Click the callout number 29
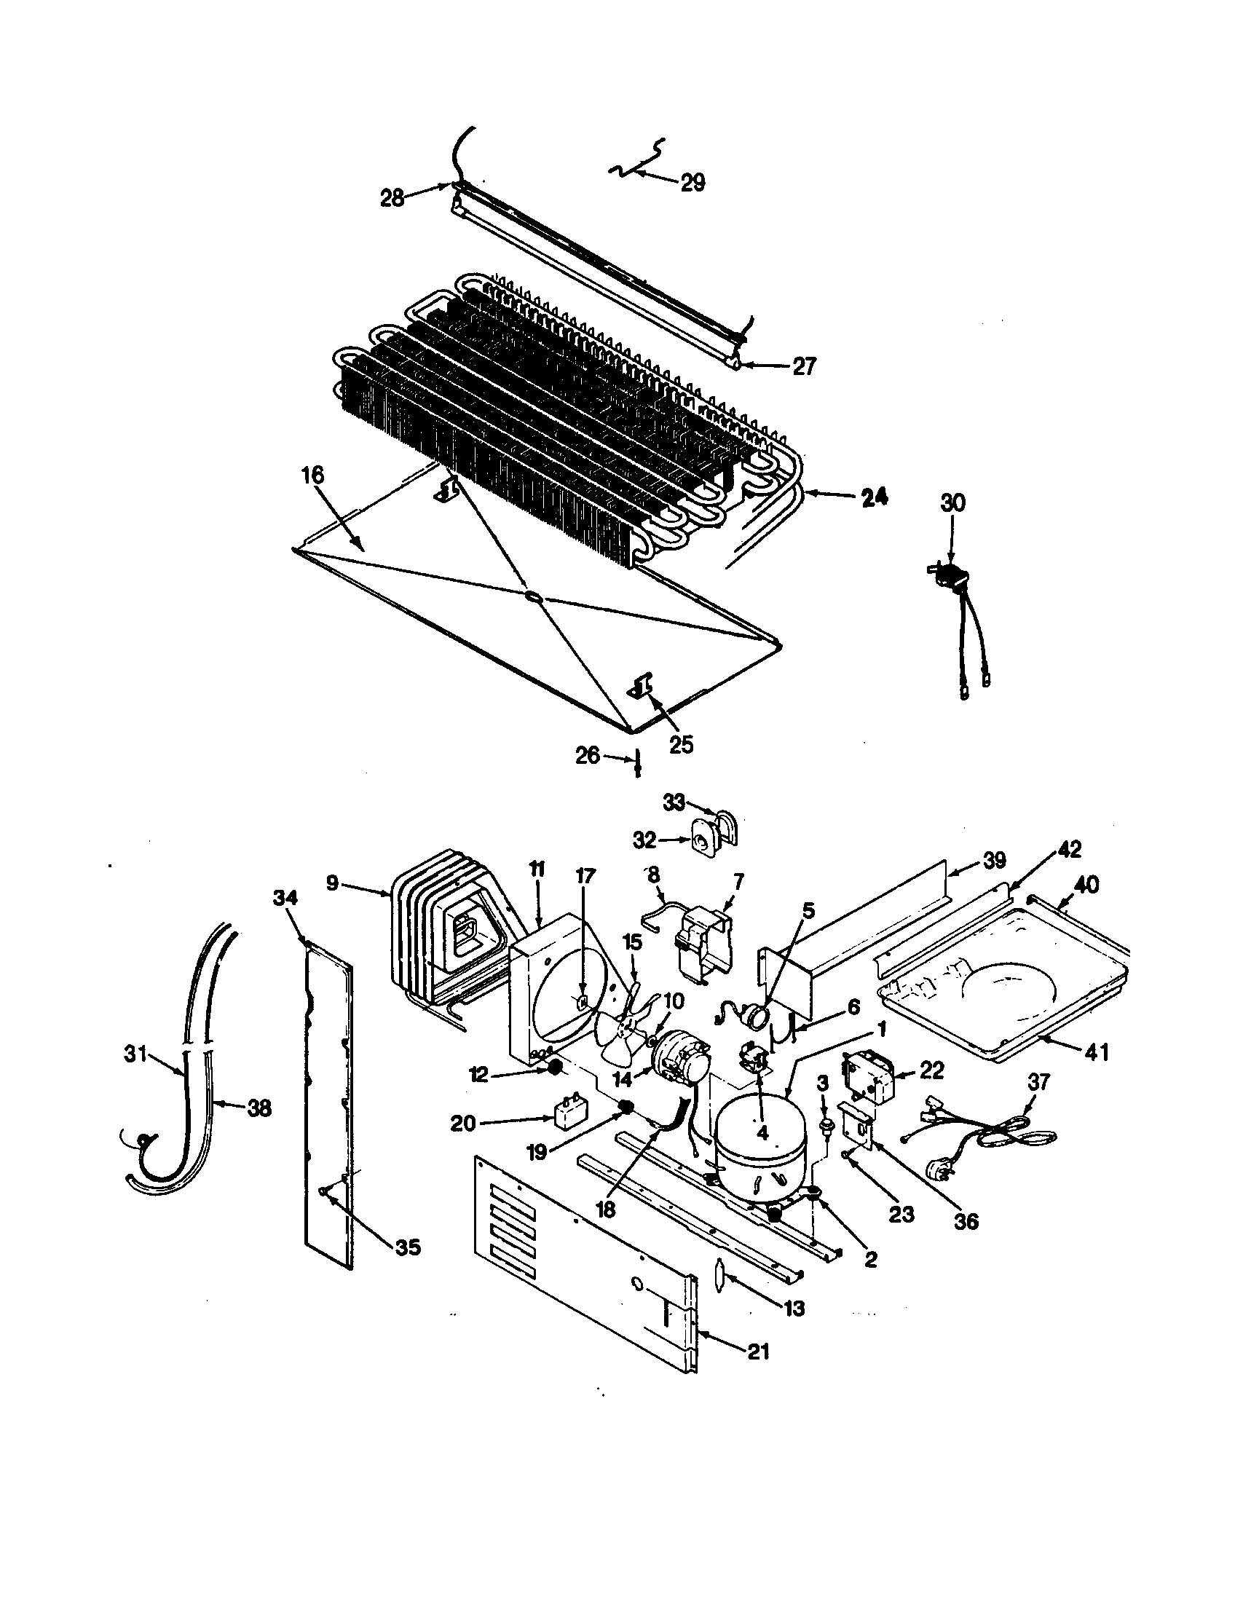coord(693,181)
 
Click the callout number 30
coord(952,502)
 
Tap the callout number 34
coord(286,897)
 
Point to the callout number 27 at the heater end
coord(804,366)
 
